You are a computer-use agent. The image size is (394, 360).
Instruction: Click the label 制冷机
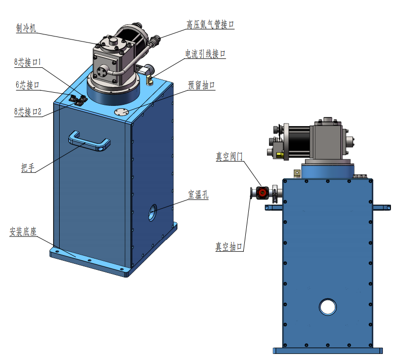(26, 28)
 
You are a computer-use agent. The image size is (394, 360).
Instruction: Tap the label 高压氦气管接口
(210, 24)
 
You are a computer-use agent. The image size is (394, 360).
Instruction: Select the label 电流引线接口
(205, 54)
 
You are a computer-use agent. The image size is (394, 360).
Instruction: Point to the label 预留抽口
(201, 85)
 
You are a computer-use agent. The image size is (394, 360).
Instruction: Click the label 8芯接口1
(27, 62)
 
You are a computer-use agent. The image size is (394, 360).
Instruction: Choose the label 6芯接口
(28, 85)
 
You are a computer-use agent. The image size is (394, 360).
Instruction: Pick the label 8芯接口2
(28, 112)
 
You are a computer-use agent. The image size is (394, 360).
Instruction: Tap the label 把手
(28, 167)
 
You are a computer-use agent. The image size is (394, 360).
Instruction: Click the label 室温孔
(198, 194)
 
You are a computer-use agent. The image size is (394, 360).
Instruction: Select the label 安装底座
(23, 232)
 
